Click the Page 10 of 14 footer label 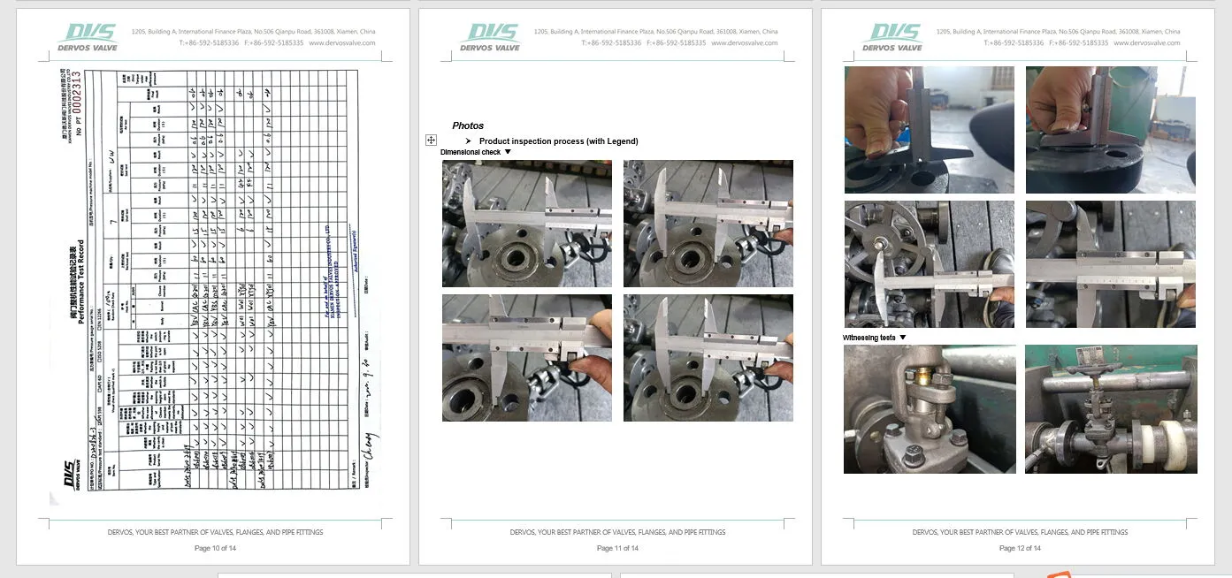pyautogui.click(x=215, y=548)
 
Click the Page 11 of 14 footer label pyautogui.click(x=617, y=548)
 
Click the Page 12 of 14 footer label pyautogui.click(x=1020, y=548)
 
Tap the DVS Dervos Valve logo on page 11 pyautogui.click(x=489, y=37)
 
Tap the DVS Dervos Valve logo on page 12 pyautogui.click(x=892, y=37)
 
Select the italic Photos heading pyautogui.click(x=468, y=125)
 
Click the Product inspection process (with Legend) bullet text pyautogui.click(x=558, y=141)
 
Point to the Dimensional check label pyautogui.click(x=471, y=152)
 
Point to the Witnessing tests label pyautogui.click(x=869, y=338)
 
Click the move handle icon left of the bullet pyautogui.click(x=431, y=141)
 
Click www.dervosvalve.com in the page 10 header pyautogui.click(x=342, y=42)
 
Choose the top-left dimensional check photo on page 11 pyautogui.click(x=526, y=223)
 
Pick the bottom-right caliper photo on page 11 pyautogui.click(x=708, y=357)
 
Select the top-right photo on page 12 pyautogui.click(x=1110, y=129)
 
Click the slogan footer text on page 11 pyautogui.click(x=617, y=532)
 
